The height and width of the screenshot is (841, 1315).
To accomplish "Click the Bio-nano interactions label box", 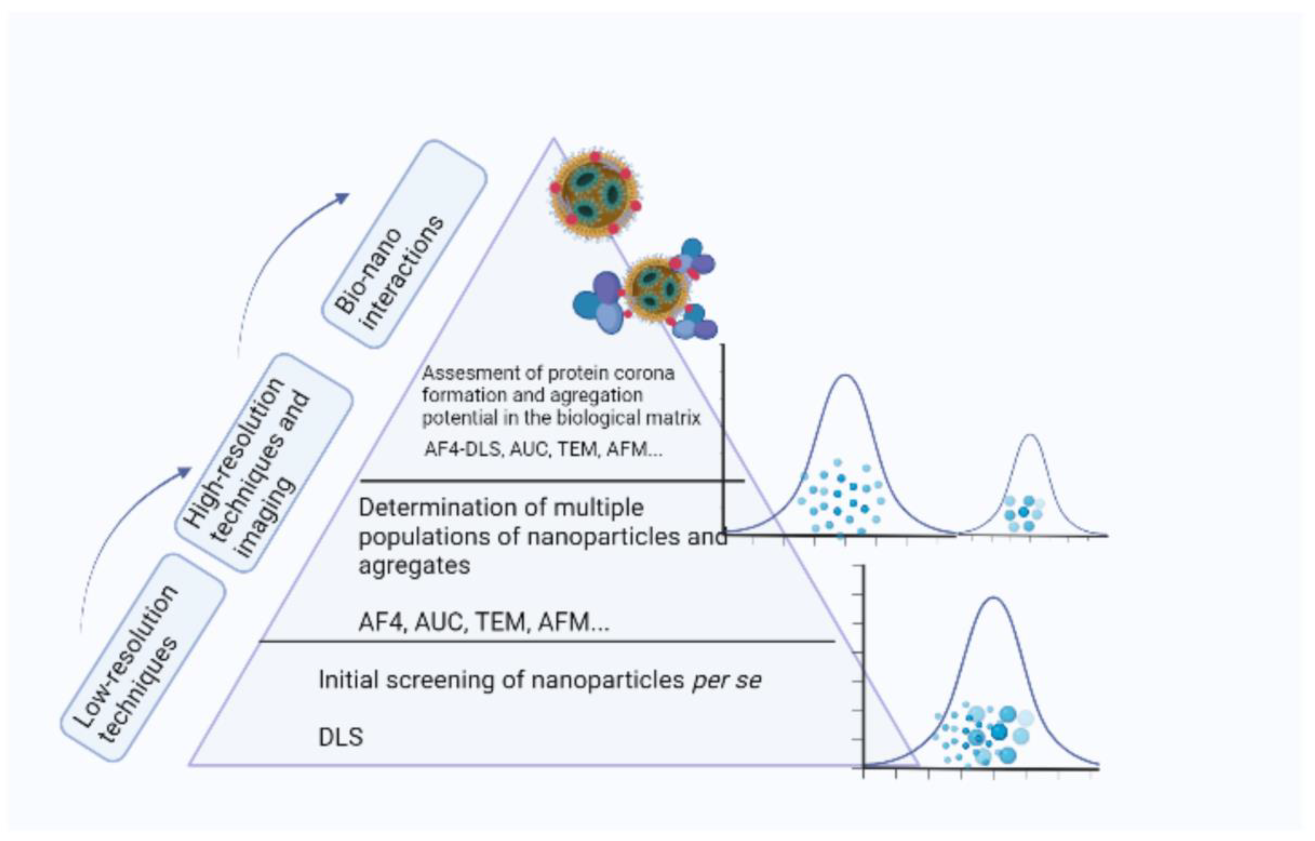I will [x=404, y=244].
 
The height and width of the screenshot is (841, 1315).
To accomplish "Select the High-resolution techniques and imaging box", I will [x=264, y=462].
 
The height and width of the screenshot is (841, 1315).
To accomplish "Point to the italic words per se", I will [x=727, y=680].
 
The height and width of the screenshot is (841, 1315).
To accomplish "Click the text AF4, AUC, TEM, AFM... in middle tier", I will [x=484, y=622].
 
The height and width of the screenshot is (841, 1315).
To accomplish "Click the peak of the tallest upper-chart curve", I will [x=845, y=376].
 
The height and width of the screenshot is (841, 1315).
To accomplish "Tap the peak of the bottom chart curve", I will [x=994, y=598].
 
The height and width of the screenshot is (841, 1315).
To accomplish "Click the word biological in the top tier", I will [x=603, y=418].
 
